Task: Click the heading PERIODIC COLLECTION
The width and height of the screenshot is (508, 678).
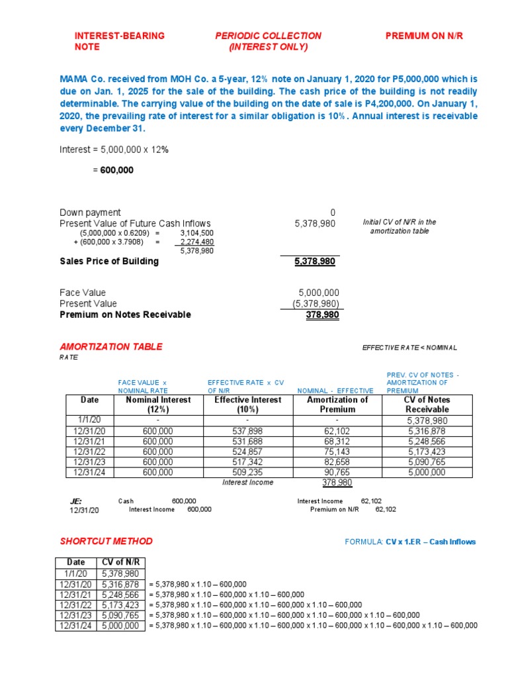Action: point(268,36)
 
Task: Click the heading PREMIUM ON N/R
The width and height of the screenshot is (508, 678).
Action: point(424,36)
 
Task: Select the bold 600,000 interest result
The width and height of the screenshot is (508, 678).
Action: point(116,170)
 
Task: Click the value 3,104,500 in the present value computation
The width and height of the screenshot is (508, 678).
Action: point(196,233)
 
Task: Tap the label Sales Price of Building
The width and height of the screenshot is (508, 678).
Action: point(109,261)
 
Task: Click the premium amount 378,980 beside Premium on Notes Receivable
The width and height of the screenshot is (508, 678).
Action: point(322,315)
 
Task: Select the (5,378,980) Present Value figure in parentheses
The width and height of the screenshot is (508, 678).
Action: point(316,304)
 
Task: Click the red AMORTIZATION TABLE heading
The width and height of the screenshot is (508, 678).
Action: point(111,347)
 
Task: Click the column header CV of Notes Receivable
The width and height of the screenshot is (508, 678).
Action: point(427,405)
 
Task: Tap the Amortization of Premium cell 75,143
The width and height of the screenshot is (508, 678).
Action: point(337,452)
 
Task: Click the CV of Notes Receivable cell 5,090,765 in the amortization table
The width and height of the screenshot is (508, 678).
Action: point(427,462)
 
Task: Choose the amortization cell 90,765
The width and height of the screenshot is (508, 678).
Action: point(337,472)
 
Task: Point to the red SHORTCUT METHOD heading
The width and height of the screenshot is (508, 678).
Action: point(106,541)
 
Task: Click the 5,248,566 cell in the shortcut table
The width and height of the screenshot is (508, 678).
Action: point(120,595)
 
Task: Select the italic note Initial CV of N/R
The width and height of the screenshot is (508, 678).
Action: point(400,222)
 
